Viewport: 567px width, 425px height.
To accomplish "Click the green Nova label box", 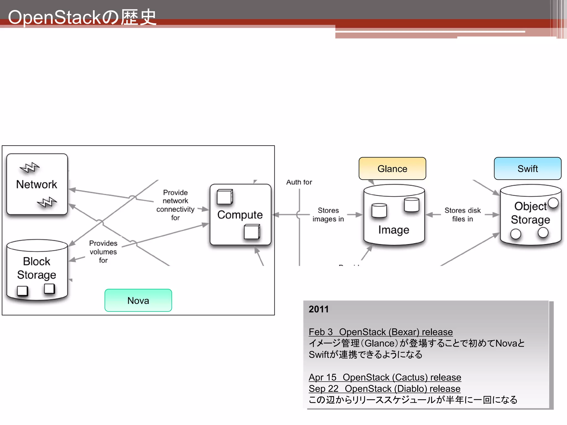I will click(138, 300).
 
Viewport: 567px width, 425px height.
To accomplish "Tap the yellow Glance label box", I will click(392, 169).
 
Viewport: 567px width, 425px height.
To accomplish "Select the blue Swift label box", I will click(527, 169).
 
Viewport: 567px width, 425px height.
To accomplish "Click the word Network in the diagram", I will click(37, 184).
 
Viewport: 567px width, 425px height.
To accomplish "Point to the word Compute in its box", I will click(240, 215).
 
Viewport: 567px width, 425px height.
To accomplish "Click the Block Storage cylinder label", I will click(37, 268).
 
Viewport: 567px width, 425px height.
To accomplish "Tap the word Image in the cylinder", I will click(393, 230).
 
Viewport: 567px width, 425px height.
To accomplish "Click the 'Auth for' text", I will click(299, 182).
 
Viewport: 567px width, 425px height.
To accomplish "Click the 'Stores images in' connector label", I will click(328, 214).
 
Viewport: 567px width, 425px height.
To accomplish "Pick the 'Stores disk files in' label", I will click(462, 214).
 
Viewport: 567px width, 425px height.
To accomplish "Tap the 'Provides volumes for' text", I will click(103, 252).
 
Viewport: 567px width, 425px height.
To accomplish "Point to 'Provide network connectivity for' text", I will click(175, 205).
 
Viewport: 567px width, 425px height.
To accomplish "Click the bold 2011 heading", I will click(318, 309).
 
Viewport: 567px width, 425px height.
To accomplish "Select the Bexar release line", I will click(380, 332).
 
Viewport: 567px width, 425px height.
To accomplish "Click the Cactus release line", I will click(385, 377).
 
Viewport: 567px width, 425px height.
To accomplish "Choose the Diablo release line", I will click(384, 388).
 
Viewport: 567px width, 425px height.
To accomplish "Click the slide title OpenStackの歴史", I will click(82, 17).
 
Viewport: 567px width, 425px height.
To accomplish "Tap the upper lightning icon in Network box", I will click(30, 167).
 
